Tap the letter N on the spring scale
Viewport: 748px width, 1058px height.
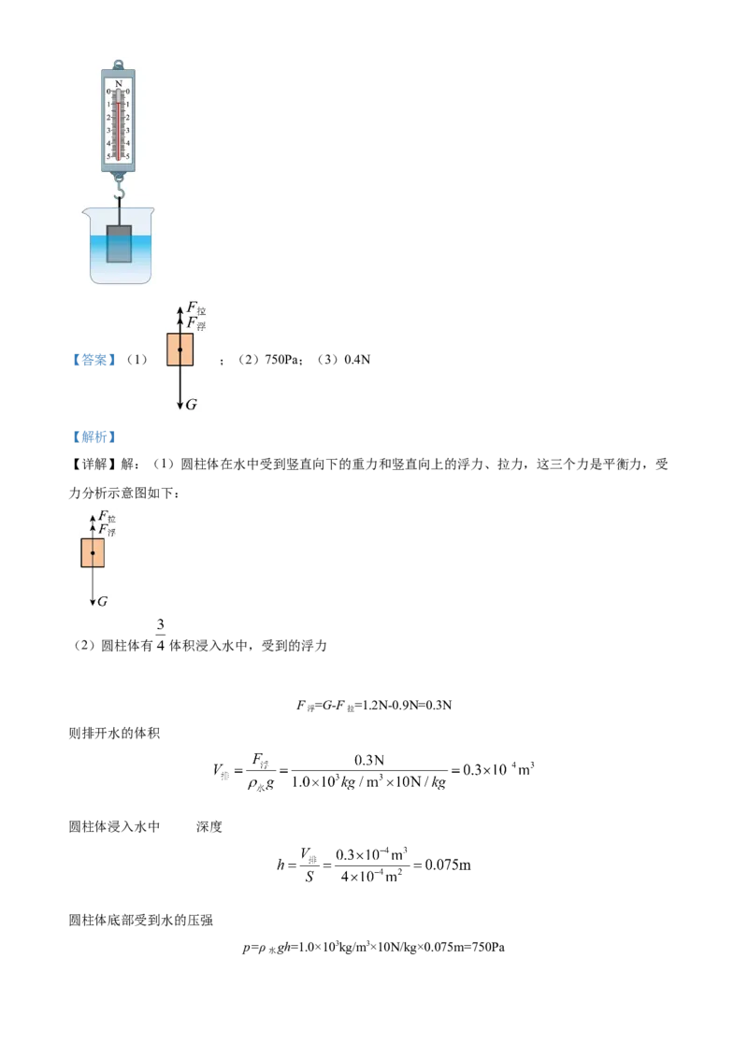(118, 84)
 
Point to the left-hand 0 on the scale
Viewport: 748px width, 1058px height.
(108, 92)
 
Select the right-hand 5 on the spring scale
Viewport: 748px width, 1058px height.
(127, 156)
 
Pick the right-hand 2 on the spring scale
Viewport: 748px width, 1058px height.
(127, 118)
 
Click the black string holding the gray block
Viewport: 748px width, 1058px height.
(119, 216)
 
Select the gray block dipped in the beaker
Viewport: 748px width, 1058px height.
(119, 243)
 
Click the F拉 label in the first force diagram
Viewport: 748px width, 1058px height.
(196, 307)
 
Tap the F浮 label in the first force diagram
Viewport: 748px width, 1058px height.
(196, 322)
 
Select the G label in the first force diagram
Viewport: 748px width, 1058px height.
(192, 405)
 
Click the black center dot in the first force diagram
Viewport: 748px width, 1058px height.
(180, 349)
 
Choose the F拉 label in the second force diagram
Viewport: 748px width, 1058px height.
(108, 516)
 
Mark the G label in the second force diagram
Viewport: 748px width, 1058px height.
(102, 602)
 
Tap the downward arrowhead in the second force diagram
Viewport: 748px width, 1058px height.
(93, 602)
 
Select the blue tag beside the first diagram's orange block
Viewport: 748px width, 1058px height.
(93, 359)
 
